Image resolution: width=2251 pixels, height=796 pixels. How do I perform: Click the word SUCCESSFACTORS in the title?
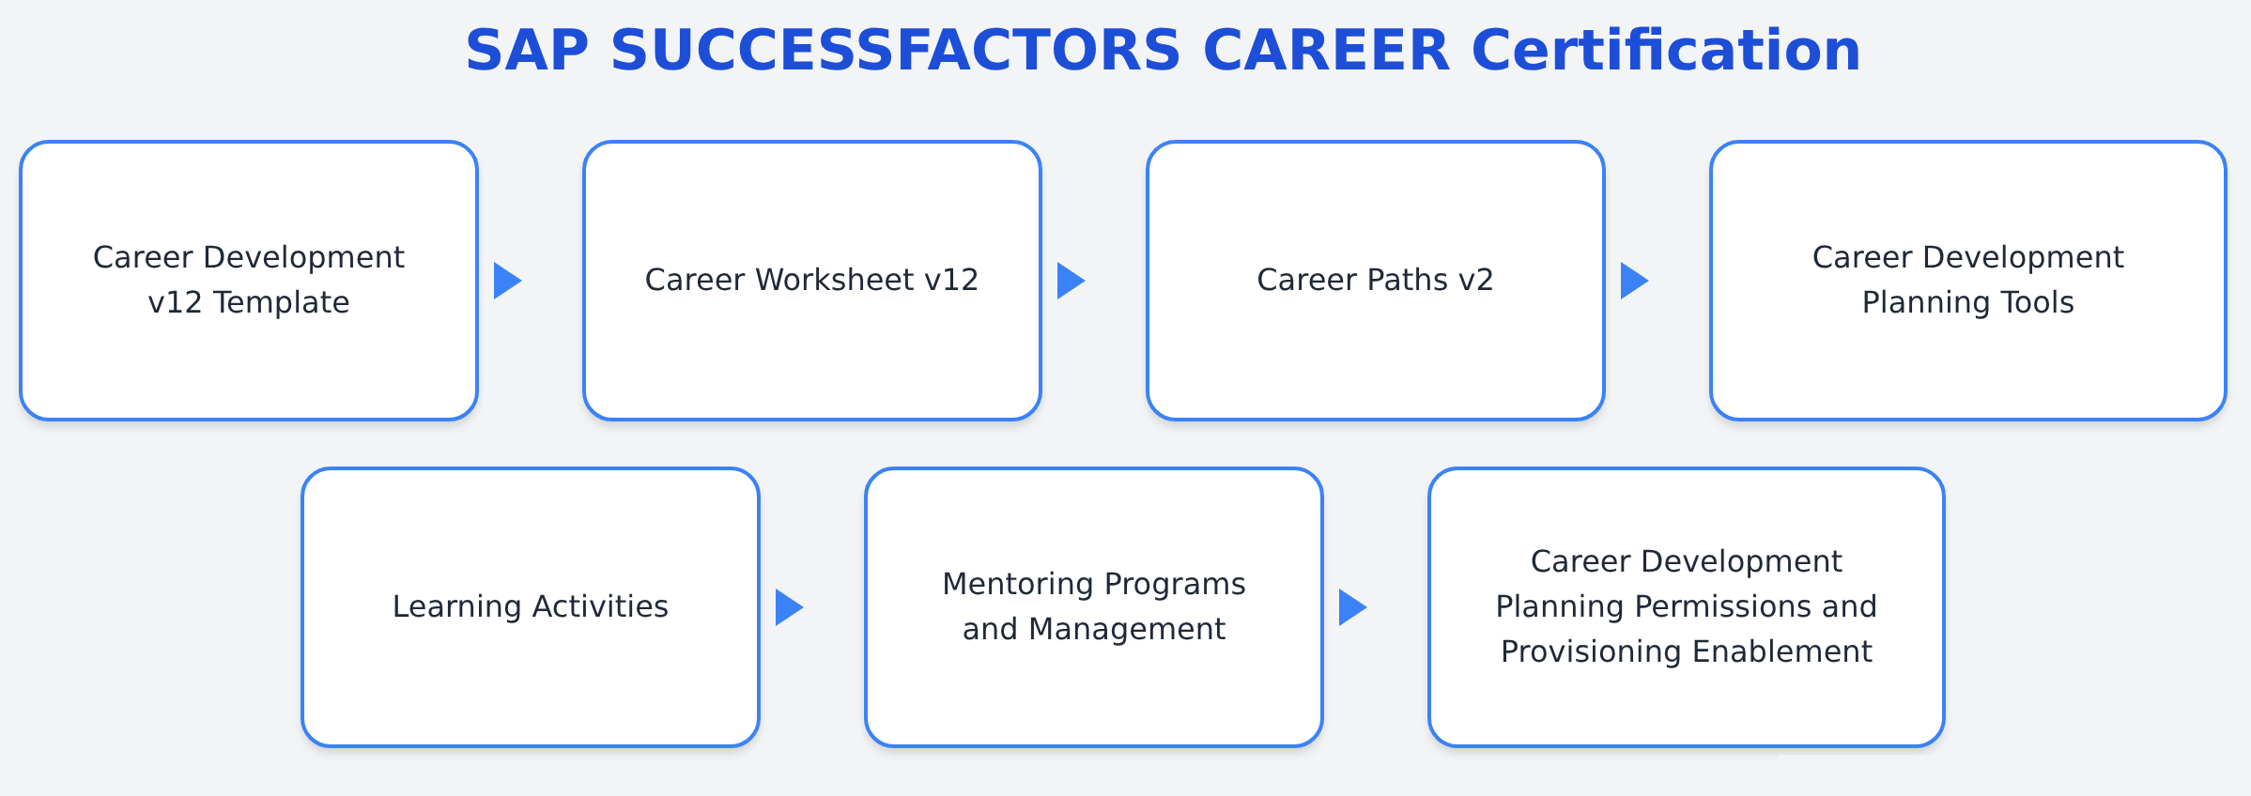(895, 51)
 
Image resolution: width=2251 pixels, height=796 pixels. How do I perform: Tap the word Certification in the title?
(1666, 50)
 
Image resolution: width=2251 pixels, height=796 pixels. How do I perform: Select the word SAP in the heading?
(527, 51)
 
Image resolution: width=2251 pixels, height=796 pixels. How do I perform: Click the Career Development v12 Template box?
(249, 281)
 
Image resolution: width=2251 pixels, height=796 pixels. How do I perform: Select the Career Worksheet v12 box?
(812, 281)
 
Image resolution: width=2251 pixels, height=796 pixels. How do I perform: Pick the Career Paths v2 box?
(1376, 281)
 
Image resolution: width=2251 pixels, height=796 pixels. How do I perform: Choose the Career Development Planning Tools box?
(1968, 281)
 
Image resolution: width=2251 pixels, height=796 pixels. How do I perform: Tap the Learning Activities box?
(531, 607)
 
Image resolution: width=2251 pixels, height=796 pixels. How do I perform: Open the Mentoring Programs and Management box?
(1094, 607)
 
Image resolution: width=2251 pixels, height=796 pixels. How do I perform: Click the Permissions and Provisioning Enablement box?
(1687, 607)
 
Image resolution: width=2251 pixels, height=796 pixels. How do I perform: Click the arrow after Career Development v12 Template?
(507, 281)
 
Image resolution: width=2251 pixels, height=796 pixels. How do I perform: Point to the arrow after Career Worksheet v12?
(1071, 281)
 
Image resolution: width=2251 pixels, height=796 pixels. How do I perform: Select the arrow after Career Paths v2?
(1634, 281)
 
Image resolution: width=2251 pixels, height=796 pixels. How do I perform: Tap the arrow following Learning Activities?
(789, 607)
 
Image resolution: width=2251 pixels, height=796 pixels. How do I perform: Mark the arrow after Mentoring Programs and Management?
(1352, 607)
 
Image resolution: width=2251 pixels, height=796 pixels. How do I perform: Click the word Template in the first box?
(281, 303)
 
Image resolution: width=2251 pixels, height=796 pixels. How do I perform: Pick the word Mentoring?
(1017, 585)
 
